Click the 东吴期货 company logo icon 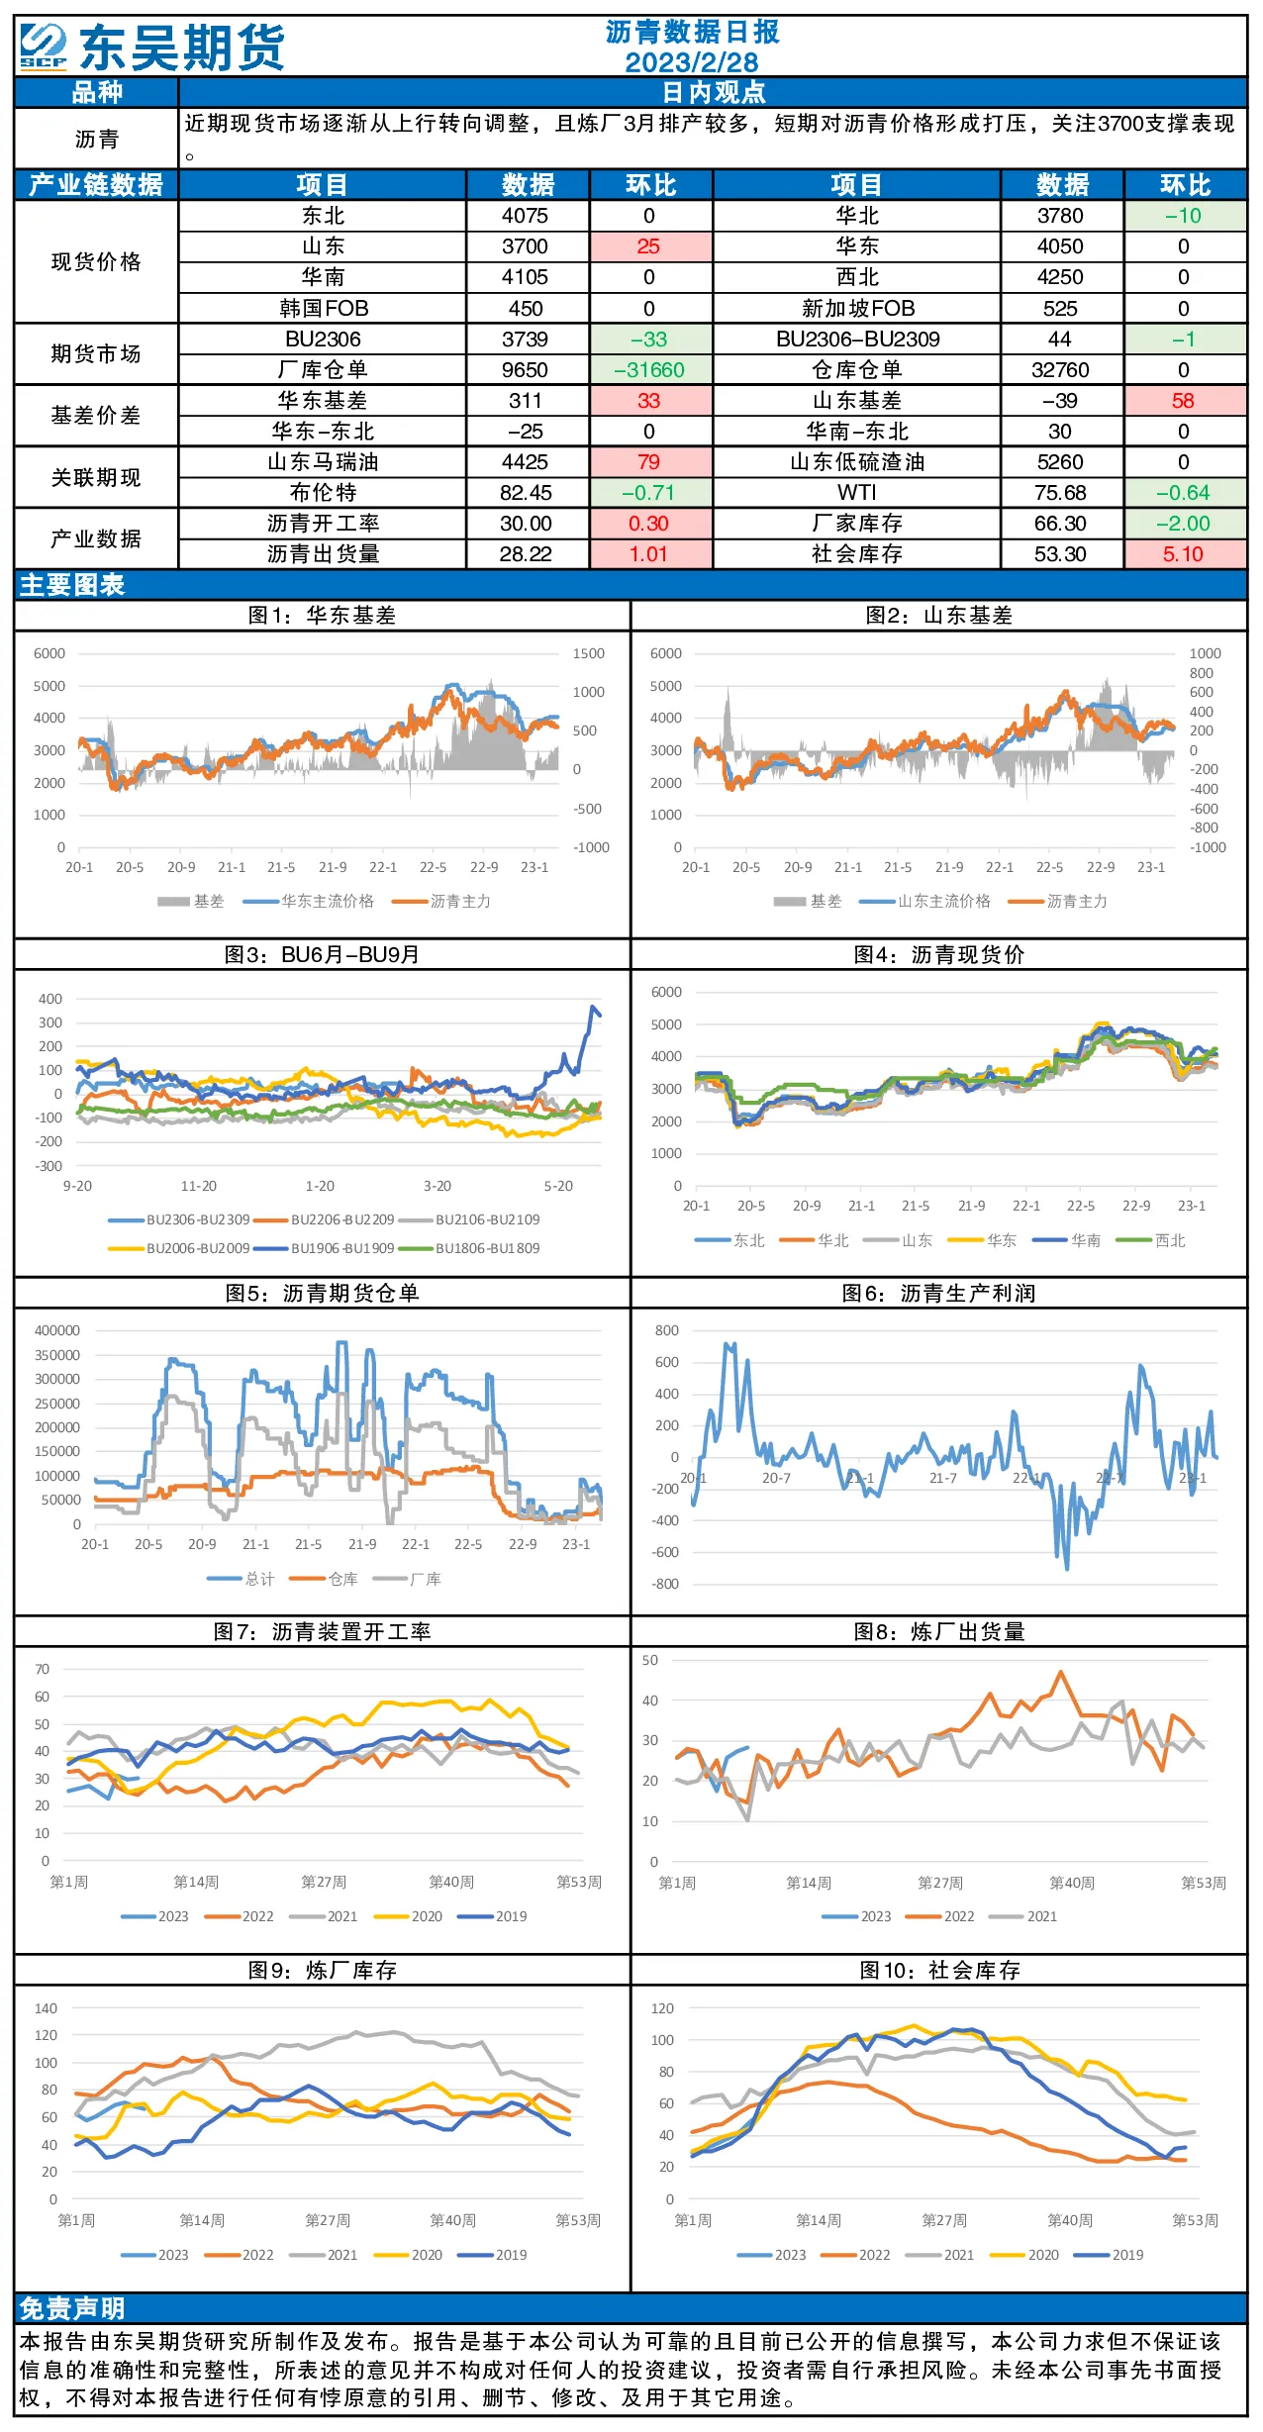tap(44, 47)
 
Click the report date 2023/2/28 tap(691, 62)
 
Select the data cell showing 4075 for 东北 tap(526, 216)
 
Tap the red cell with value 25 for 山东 tap(649, 246)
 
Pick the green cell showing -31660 tap(649, 370)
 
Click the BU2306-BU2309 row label tap(857, 340)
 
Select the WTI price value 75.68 tap(1060, 493)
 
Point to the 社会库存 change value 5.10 tap(1184, 554)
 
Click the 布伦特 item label tap(323, 493)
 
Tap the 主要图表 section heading tap(72, 585)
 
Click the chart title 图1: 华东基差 tap(322, 616)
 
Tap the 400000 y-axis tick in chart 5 tap(57, 1331)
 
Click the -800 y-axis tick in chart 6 tap(666, 1585)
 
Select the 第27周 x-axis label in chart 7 tap(324, 1882)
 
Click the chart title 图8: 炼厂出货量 tap(939, 1632)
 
